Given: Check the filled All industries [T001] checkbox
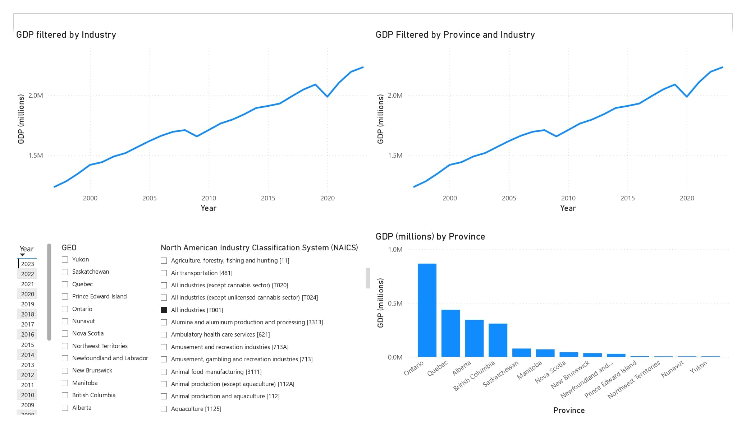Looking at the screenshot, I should click(x=164, y=310).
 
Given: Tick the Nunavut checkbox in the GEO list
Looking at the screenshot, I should click(x=65, y=321).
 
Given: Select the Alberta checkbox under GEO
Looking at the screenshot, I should click(x=65, y=408).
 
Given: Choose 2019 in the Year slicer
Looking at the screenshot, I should click(x=27, y=304).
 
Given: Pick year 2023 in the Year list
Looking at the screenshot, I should click(x=27, y=264).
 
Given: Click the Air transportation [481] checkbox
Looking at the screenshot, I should click(x=164, y=273).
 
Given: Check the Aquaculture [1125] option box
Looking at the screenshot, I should click(x=164, y=409).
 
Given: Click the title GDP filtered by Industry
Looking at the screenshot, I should click(x=66, y=35).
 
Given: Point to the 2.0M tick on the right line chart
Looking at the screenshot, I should click(x=395, y=96).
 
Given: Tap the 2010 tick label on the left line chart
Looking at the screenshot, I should click(x=209, y=198).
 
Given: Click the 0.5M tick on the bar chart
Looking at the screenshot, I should click(x=395, y=303).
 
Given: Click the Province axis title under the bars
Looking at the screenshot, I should click(x=569, y=411).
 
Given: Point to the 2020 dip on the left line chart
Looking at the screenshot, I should click(x=327, y=96).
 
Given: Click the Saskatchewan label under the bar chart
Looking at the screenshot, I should click(x=501, y=374).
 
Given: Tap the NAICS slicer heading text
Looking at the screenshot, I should click(x=259, y=248).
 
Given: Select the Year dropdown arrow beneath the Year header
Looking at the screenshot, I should click(x=22, y=255).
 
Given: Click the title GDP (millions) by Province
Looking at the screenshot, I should click(x=430, y=237).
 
